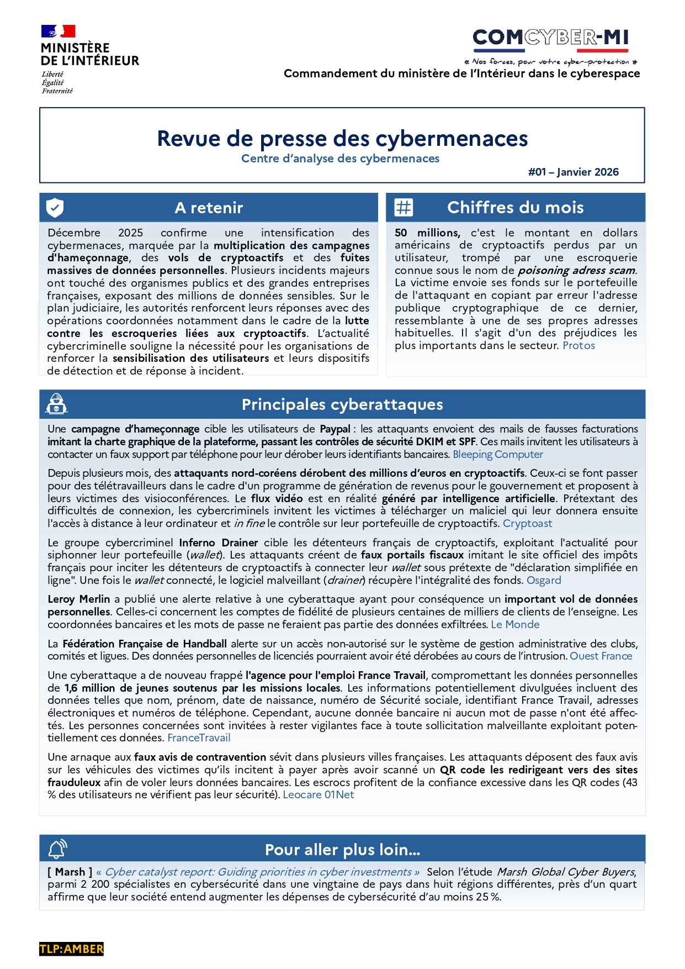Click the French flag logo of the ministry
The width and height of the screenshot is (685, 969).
(x=58, y=31)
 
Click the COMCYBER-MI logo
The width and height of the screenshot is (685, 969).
(x=550, y=38)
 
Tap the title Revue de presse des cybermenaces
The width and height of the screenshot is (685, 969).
(x=342, y=139)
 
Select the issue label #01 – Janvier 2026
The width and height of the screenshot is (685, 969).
(x=573, y=172)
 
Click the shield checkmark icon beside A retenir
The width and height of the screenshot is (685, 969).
(x=55, y=208)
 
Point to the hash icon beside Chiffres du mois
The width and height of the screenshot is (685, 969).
(x=403, y=208)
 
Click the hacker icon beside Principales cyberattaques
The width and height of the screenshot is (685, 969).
(x=56, y=404)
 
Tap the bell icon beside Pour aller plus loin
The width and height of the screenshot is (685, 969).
(x=57, y=849)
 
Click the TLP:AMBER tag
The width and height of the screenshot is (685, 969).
(x=71, y=949)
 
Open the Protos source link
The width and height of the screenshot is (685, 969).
(x=578, y=346)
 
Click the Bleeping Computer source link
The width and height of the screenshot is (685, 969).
(x=497, y=455)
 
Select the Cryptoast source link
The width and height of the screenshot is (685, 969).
(x=527, y=524)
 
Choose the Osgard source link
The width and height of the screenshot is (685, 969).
(x=544, y=581)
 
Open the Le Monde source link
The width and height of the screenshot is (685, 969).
(x=515, y=625)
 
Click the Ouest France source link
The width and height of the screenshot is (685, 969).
(x=601, y=656)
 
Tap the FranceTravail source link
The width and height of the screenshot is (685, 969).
(x=199, y=738)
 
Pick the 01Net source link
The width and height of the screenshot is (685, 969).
(x=339, y=795)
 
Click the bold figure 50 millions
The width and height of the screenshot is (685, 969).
(x=427, y=233)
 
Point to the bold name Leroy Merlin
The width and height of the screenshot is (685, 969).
(x=79, y=599)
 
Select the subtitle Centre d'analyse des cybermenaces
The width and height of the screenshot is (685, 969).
(x=340, y=159)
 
